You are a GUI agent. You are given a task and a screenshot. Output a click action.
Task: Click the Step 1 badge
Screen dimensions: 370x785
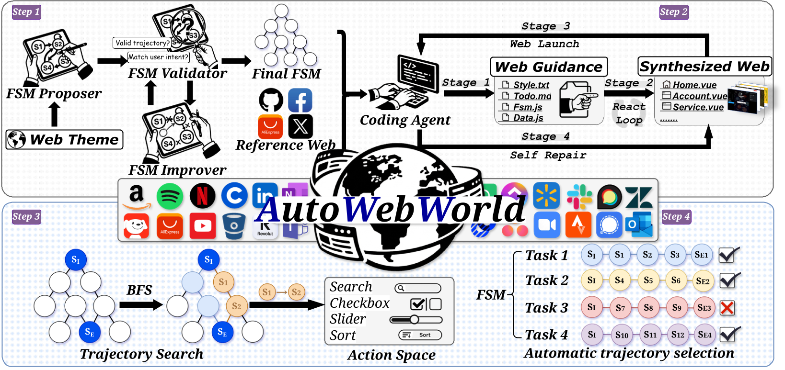(x=26, y=12)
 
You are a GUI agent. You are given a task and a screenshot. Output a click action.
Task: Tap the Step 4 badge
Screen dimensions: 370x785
(x=676, y=217)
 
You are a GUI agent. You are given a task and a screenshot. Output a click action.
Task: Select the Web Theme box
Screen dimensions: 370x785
(x=65, y=140)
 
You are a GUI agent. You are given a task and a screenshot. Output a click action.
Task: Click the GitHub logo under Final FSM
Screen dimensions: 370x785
(x=271, y=100)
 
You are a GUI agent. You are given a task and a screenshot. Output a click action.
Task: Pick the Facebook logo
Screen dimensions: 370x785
(x=300, y=100)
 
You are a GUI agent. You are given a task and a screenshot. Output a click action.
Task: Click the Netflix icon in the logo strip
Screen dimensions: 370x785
(x=202, y=196)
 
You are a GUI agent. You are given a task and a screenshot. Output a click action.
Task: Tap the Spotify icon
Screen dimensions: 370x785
(x=170, y=196)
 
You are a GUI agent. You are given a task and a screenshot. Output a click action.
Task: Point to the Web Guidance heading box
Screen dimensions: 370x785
(x=548, y=67)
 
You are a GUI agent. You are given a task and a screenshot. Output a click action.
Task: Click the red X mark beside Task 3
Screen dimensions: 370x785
(x=727, y=308)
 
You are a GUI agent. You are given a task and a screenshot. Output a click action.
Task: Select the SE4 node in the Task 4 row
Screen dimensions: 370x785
(x=704, y=335)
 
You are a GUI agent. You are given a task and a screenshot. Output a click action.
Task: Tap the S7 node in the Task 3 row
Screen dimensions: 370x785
(x=620, y=308)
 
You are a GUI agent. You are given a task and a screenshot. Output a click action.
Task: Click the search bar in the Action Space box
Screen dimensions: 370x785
(x=418, y=288)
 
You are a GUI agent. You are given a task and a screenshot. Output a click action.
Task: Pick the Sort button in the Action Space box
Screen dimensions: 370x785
(x=420, y=335)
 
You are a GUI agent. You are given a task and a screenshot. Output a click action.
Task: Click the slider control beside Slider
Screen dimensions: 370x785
(x=416, y=319)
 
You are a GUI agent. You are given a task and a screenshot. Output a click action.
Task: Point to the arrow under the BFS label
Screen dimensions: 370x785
(x=141, y=305)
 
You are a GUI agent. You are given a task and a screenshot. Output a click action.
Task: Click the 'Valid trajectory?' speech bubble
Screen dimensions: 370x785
(x=142, y=43)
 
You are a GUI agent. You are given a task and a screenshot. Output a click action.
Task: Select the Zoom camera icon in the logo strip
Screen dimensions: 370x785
(x=547, y=225)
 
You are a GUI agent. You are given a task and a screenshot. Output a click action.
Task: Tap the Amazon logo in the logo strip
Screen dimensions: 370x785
(x=137, y=196)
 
